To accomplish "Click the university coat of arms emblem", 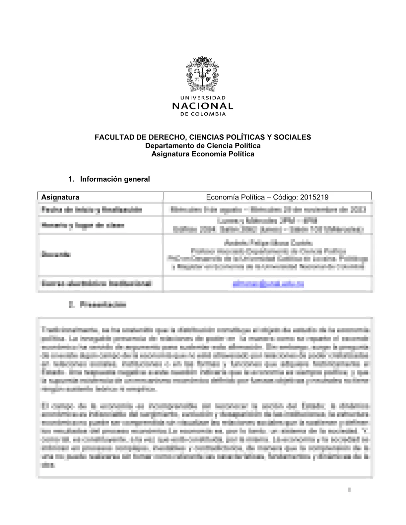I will pyautogui.click(x=202, y=74).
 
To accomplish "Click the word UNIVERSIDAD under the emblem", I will pyautogui.click(x=203, y=98).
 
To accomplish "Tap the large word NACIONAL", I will pyautogui.click(x=203, y=106).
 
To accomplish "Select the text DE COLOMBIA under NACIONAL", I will pyautogui.click(x=203, y=114).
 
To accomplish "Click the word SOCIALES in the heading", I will pyautogui.click(x=295, y=137).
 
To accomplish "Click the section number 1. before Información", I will pyautogui.click(x=71, y=179).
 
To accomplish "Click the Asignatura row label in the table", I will pyautogui.click(x=60, y=197).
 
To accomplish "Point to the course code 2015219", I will pyautogui.click(x=314, y=197).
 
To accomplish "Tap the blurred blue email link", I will pyautogui.click(x=268, y=284).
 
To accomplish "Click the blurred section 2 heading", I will pyautogui.click(x=98, y=305).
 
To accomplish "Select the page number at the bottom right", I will pyautogui.click(x=349, y=490).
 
